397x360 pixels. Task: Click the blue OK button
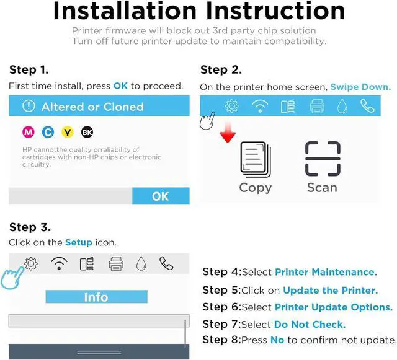click(161, 196)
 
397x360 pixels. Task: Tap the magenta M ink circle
click(29, 132)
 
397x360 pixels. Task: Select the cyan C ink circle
click(48, 132)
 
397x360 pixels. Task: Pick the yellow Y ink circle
click(68, 132)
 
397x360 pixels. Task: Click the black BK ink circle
click(87, 132)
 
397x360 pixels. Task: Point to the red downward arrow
click(228, 133)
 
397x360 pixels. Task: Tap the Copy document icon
click(255, 159)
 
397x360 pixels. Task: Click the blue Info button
click(97, 297)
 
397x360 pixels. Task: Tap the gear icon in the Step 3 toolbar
click(31, 263)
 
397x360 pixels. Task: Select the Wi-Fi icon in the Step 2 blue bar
click(260, 106)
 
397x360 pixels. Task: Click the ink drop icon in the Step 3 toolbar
click(141, 263)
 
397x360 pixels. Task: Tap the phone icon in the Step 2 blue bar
click(367, 106)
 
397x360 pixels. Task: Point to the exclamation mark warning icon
click(29, 106)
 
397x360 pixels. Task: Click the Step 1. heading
click(29, 69)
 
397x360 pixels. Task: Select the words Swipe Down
click(361, 87)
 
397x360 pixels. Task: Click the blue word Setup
click(79, 242)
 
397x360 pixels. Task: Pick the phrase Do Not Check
click(310, 324)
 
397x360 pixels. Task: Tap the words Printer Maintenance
click(326, 272)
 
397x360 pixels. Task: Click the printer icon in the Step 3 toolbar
click(116, 264)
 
